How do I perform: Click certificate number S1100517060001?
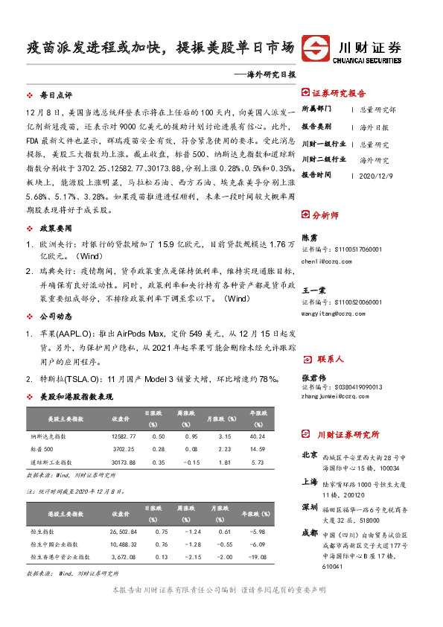343,250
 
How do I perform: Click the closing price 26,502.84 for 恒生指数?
123,531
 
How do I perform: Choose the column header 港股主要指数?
65,514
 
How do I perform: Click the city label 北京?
310,453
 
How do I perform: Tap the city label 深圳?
310,507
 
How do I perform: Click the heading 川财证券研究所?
348,434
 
